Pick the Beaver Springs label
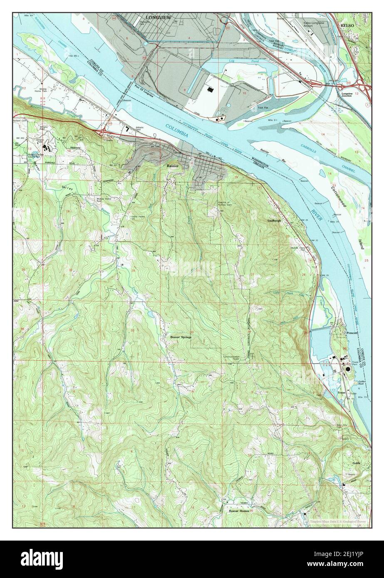coord(181,337)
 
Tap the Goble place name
coord(355,463)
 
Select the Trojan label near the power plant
coord(342,393)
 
